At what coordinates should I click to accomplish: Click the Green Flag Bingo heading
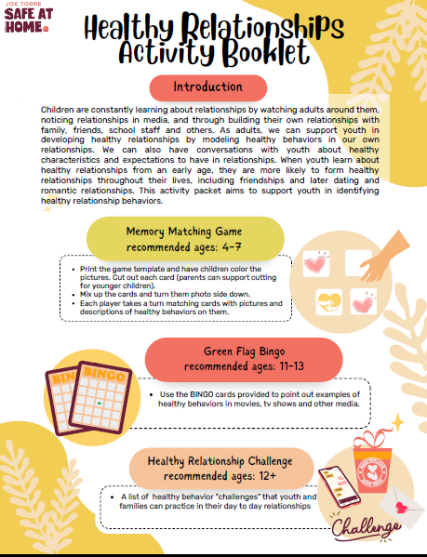pyautogui.click(x=245, y=351)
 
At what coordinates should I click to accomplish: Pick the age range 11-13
pyautogui.click(x=285, y=367)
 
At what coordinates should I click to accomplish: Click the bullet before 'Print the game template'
pyautogui.click(x=72, y=268)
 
